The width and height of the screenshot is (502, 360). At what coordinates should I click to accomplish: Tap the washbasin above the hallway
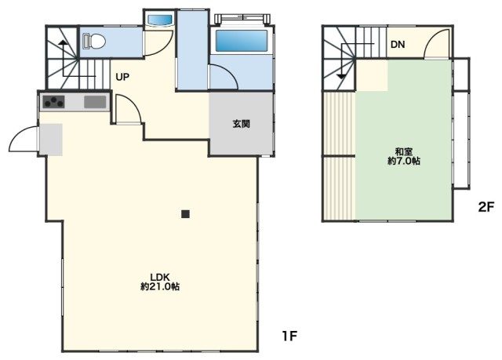click(160, 19)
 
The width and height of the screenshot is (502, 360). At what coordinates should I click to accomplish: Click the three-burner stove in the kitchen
click(54, 101)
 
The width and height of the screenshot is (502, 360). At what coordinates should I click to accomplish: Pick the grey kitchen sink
click(95, 101)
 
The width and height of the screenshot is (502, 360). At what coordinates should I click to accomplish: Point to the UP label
click(122, 77)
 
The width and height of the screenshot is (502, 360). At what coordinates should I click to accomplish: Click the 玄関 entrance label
click(241, 124)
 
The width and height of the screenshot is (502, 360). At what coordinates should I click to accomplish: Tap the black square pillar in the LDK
click(185, 213)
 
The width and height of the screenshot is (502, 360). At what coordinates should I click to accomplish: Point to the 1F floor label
click(289, 336)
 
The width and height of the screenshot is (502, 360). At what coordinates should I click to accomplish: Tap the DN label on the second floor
click(398, 45)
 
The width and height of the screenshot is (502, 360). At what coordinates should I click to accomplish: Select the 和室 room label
click(404, 150)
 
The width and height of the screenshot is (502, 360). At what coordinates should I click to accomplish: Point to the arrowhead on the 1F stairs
click(63, 39)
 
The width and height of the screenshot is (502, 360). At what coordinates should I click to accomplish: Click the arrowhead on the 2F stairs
click(341, 76)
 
